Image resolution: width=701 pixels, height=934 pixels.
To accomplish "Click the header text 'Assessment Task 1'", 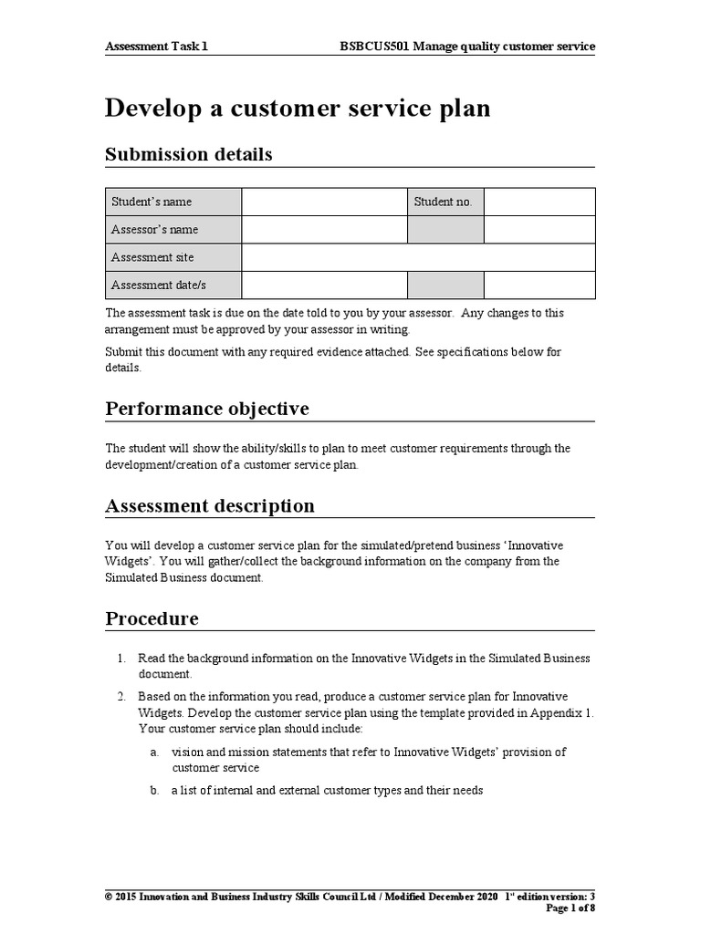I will pos(156,46).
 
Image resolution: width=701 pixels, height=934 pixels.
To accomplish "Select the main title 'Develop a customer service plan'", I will pos(298,108).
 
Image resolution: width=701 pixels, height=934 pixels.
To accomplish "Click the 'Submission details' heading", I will pos(189,154).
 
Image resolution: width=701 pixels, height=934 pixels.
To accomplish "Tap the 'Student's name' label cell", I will pos(173,202).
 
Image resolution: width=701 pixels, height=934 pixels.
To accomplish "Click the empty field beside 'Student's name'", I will pos(324,202).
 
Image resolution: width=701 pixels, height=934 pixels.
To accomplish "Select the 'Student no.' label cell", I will pos(445,202).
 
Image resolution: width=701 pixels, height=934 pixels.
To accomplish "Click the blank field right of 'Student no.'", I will pos(539,202).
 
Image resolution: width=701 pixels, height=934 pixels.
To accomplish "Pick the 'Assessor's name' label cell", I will pos(173,230).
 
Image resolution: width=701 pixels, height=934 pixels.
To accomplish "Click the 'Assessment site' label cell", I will pos(173,257).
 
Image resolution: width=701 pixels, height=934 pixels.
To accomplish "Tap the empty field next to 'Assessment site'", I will pos(418,257).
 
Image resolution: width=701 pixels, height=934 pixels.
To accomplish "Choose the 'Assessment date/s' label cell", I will pos(173,285).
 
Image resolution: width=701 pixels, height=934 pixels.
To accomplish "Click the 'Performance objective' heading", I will pos(207,408).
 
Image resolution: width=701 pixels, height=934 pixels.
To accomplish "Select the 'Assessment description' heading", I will pos(210,505).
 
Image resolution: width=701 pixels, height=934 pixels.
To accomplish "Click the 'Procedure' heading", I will pos(152,618).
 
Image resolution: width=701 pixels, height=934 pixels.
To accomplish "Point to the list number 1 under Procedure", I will pos(120,659).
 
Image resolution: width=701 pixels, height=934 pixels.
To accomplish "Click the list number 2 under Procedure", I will pos(120,697).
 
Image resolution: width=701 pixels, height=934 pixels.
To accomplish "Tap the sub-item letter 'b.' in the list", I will pos(154,791).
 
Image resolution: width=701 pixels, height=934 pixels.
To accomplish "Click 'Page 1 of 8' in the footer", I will pos(570,908).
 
